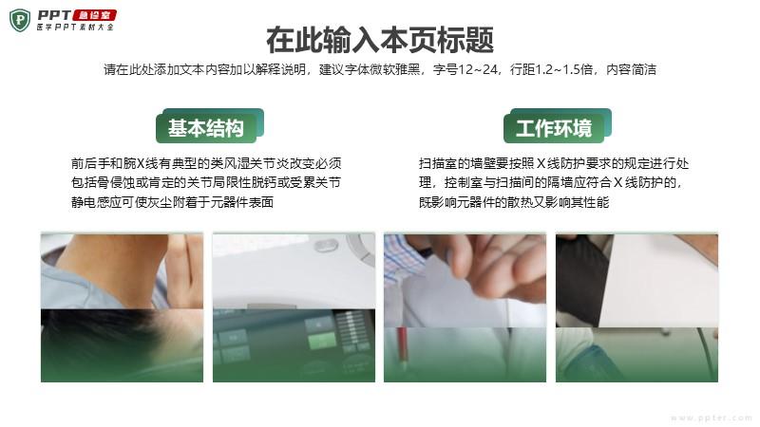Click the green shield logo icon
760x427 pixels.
pos(20,20)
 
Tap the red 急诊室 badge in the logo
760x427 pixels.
pos(94,15)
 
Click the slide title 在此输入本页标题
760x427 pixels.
pos(380,40)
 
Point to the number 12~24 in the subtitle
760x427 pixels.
pos(478,69)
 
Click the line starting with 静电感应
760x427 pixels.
pos(173,202)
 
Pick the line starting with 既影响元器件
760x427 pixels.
pos(514,202)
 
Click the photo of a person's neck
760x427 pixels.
pos(123,307)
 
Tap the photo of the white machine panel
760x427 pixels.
pos(294,307)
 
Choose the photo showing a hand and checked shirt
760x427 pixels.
pos(465,307)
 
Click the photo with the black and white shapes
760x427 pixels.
pos(636,307)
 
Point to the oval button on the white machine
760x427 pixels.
pos(326,246)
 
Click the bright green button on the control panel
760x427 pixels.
pos(321,340)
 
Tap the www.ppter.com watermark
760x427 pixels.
pos(712,418)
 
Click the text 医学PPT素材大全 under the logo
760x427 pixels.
pos(75,28)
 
